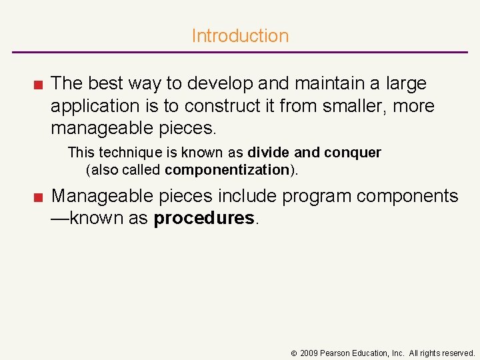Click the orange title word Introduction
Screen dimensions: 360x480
point(240,36)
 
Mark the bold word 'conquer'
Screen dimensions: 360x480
point(353,153)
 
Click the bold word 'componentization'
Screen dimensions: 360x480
point(227,170)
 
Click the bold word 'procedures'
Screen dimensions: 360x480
point(204,219)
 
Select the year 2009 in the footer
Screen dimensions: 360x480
point(309,353)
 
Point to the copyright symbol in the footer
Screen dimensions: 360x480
point(293,353)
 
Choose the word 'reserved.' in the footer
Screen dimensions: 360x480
point(457,353)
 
